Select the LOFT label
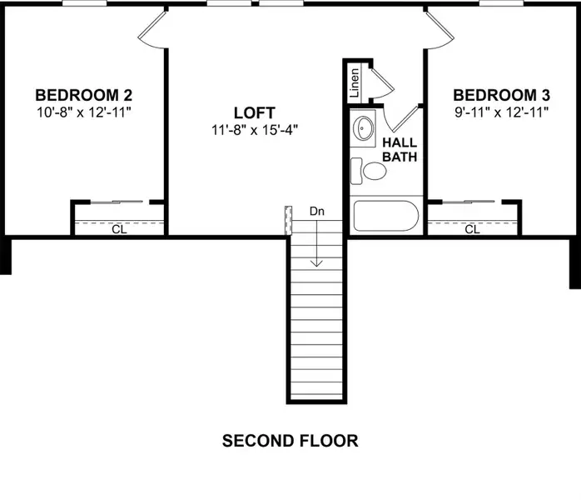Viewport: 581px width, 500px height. pyautogui.click(x=254, y=112)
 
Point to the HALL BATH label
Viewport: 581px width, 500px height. pyautogui.click(x=398, y=150)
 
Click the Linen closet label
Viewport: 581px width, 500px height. pyautogui.click(x=355, y=83)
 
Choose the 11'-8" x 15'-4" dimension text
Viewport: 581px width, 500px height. pyautogui.click(x=254, y=129)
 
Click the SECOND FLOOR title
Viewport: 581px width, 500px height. pyautogui.click(x=290, y=441)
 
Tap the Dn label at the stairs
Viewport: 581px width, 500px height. pyautogui.click(x=316, y=212)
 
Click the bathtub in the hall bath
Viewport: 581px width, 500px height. pyautogui.click(x=385, y=215)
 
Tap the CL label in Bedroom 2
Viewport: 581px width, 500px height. pyautogui.click(x=119, y=229)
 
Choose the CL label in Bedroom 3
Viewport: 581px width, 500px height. pyautogui.click(x=472, y=229)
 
